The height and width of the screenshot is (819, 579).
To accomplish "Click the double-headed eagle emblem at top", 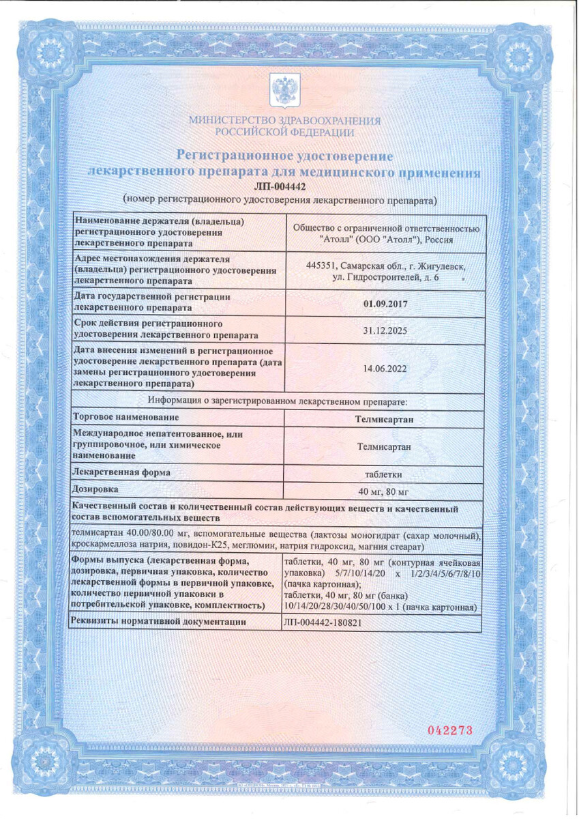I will tap(284, 91).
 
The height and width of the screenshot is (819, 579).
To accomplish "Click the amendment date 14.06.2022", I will tap(386, 368).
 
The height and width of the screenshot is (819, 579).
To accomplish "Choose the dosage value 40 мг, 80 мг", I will tap(385, 491).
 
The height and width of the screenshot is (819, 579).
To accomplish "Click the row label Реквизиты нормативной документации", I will tap(158, 622).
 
